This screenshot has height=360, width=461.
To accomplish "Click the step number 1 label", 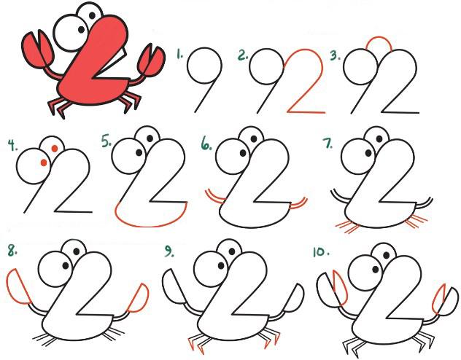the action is click(179, 54).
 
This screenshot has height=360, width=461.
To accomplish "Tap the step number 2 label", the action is click(243, 55).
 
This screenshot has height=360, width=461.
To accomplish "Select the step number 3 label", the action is click(335, 55).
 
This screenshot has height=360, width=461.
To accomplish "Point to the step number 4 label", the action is click(12, 146).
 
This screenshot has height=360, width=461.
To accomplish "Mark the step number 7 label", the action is click(328, 143).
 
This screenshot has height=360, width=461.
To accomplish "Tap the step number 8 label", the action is click(12, 251).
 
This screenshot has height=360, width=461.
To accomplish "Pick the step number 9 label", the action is click(168, 251).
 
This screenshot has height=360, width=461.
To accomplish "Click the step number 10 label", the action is click(321, 252).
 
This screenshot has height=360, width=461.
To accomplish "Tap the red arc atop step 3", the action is click(379, 37).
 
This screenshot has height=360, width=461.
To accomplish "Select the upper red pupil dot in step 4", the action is click(55, 148).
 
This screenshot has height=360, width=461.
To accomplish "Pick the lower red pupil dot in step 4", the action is click(44, 163).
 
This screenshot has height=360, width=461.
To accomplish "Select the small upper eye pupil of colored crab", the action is click(92, 15).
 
